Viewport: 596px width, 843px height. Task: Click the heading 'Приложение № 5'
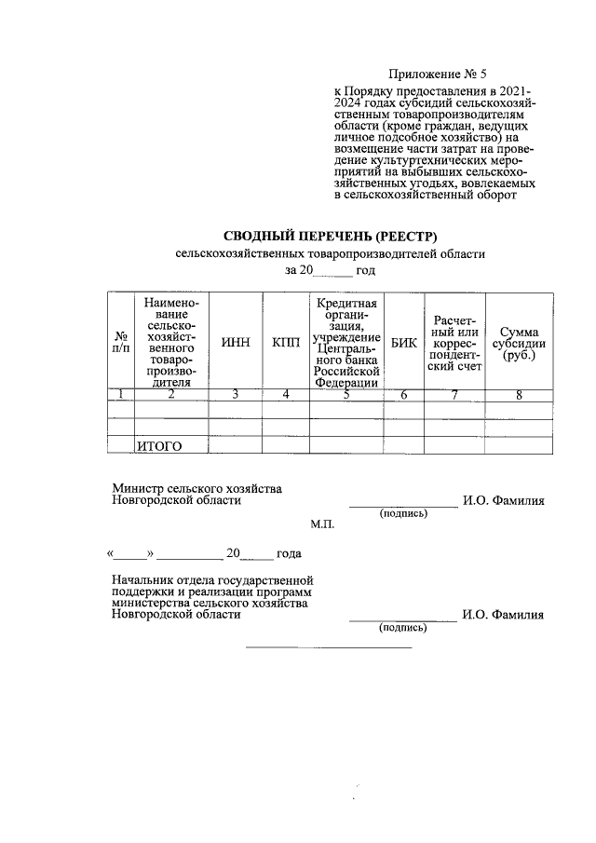click(437, 74)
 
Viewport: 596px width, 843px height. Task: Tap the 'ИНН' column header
click(236, 343)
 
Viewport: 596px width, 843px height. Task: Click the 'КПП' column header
click(286, 343)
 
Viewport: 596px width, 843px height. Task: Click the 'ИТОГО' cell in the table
click(158, 446)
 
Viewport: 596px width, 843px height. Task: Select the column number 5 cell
click(345, 395)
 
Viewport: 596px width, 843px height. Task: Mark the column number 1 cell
click(121, 395)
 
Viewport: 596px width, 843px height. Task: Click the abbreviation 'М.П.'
click(322, 524)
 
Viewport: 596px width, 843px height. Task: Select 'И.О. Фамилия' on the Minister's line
click(503, 501)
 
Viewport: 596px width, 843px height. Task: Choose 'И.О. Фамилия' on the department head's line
click(503, 615)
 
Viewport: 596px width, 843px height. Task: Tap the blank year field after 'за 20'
click(333, 270)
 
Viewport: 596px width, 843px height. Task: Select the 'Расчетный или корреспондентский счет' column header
click(454, 343)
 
